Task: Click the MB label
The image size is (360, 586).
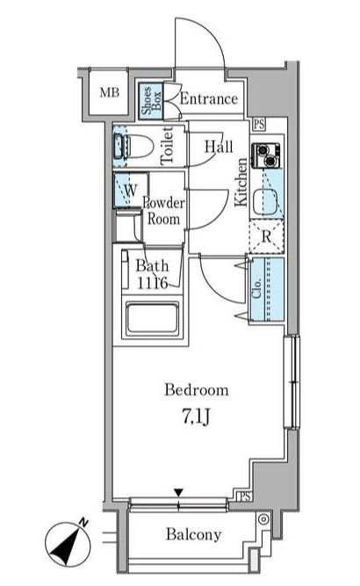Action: click(110, 92)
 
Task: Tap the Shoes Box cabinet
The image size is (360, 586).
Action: click(151, 101)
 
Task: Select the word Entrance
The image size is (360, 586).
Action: click(209, 98)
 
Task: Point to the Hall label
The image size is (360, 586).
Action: click(219, 146)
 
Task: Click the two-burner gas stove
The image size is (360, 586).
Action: click(265, 156)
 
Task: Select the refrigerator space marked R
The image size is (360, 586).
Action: click(266, 236)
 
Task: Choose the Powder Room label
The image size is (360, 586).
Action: click(163, 211)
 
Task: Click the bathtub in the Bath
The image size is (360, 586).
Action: click(152, 318)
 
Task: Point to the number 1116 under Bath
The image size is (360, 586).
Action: click(152, 283)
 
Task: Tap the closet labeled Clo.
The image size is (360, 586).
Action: click(267, 289)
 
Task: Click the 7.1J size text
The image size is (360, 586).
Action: click(196, 416)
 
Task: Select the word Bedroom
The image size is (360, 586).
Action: click(197, 390)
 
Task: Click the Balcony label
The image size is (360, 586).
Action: click(193, 534)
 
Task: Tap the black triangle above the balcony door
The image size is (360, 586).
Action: click(179, 493)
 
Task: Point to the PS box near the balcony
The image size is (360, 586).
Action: click(245, 497)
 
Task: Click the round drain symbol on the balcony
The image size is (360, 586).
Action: click(263, 520)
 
